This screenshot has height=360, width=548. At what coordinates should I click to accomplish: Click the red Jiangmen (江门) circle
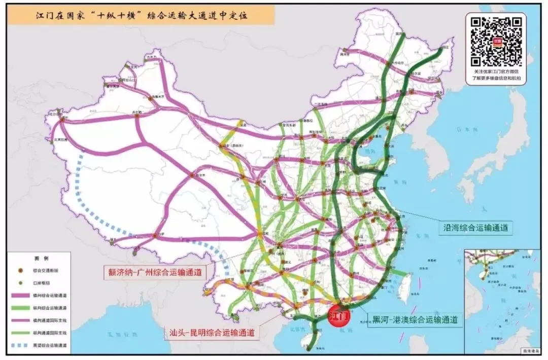pos(339,315)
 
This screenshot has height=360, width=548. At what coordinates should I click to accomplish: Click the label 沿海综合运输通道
pos(475,228)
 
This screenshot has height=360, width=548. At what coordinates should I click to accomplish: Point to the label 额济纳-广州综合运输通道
pos(153,272)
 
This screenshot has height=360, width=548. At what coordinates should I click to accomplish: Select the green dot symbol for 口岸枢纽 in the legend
pos(20,282)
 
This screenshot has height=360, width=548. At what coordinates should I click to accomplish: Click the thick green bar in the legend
pos(20,308)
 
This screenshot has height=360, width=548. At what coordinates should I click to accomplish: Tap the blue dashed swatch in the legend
pos(20,345)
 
